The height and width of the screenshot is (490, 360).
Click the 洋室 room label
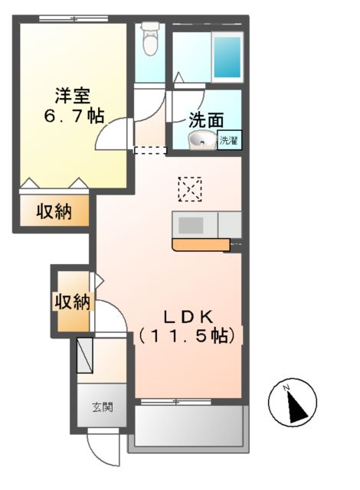pos(73,96)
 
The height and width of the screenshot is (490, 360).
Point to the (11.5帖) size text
pos(188,335)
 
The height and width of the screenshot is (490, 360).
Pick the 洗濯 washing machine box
pos(229,140)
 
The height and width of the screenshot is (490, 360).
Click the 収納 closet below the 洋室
pos(53,211)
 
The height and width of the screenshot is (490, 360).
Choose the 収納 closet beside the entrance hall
pos(71,302)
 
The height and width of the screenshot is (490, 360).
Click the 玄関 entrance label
pos(103,407)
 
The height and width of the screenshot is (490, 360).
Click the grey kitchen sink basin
pos(191,225)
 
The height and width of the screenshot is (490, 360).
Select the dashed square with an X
pos(189,188)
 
